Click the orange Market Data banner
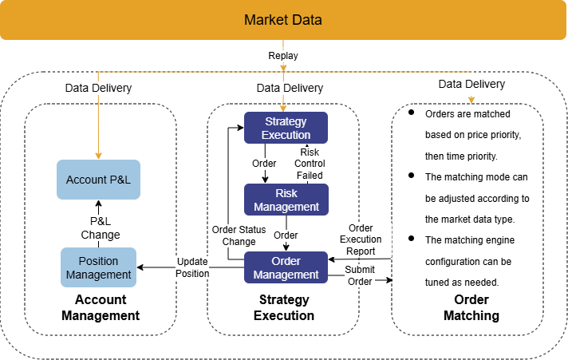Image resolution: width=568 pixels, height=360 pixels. tap(283, 20)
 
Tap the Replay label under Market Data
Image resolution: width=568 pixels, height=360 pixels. tap(283, 57)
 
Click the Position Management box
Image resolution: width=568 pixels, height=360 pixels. tap(99, 267)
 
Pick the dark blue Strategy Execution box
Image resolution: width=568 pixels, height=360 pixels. tap(286, 128)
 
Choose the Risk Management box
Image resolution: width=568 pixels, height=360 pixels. tap(286, 200)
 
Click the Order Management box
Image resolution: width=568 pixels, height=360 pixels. tap(286, 267)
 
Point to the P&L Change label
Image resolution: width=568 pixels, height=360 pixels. tap(101, 228)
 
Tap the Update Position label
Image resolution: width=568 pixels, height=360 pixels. tap(192, 267)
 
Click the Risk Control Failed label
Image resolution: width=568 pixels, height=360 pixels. tap(310, 164)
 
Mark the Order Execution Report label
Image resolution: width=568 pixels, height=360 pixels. tap(361, 239)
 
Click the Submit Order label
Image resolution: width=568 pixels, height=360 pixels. tap(360, 275)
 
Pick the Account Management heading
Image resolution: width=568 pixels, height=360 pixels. tap(101, 307)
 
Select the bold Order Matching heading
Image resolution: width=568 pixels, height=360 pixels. tap(471, 307)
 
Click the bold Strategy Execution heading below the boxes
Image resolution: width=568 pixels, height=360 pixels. tap(284, 307)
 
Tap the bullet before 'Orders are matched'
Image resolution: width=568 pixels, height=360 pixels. tap(411, 113)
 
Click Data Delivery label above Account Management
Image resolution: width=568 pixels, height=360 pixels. tap(98, 88)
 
